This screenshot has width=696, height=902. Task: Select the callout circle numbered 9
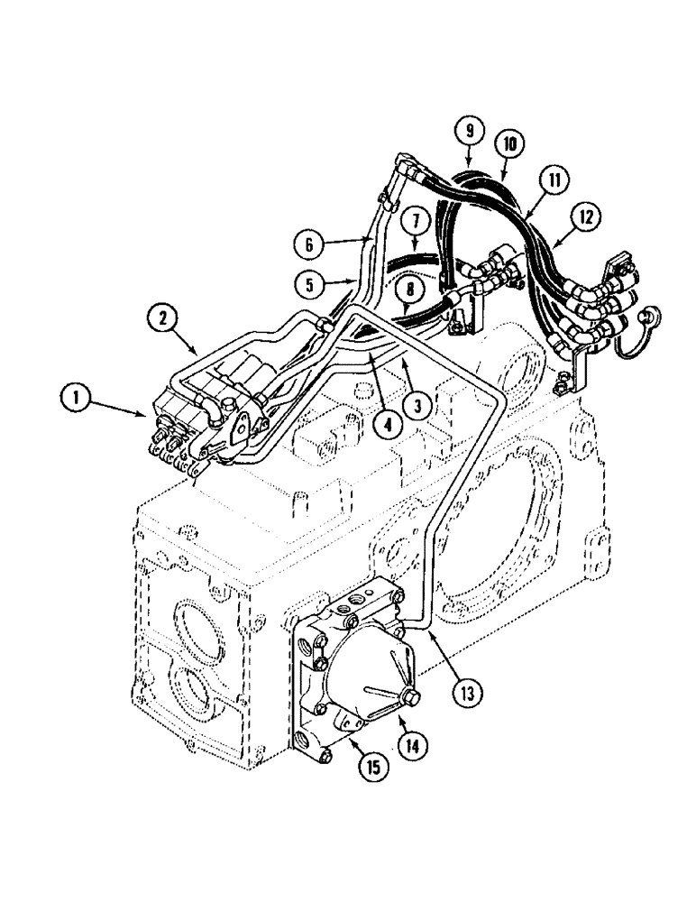point(469,132)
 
